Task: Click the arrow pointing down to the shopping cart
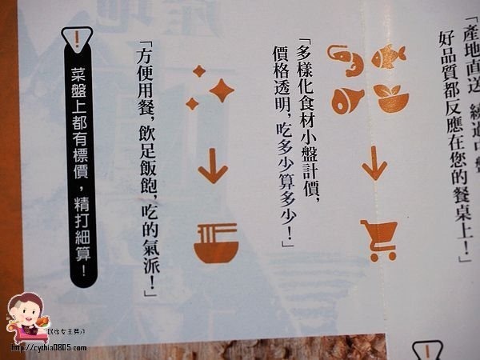click(x=372, y=164)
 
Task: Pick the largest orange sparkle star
click(x=220, y=90)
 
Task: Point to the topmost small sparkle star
click(x=199, y=72)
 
